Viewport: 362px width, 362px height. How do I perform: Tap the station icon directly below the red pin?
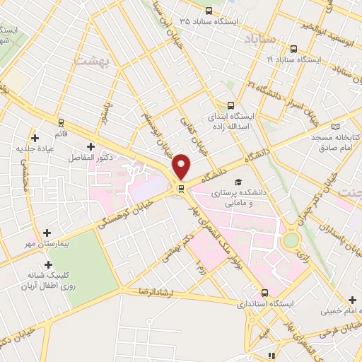182,188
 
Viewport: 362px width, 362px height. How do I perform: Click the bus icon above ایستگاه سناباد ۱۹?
294,50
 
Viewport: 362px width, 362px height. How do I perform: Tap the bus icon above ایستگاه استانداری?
265,292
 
